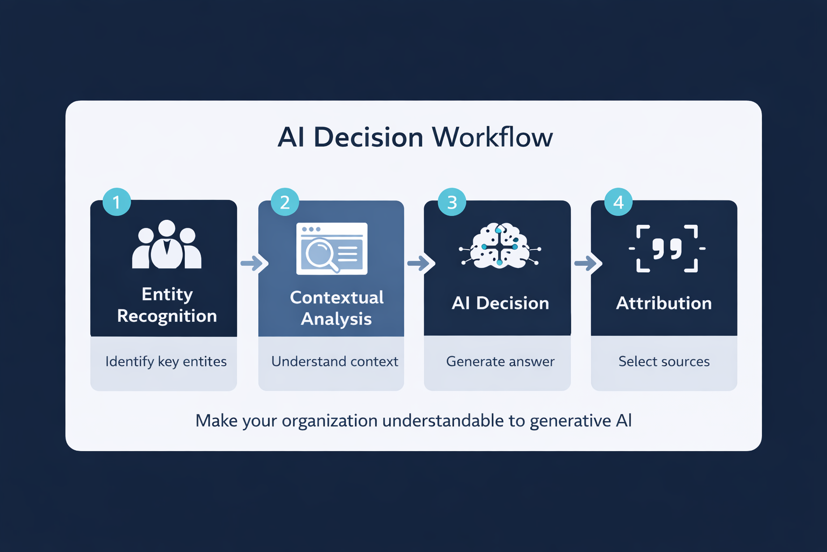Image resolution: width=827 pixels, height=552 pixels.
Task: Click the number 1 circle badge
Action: pos(116,202)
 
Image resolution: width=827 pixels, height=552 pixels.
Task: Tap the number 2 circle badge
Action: pos(285,202)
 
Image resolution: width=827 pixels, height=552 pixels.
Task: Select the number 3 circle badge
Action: pos(452,202)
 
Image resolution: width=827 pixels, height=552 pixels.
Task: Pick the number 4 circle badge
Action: pos(618,202)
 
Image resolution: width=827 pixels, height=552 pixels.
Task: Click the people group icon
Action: pos(167,245)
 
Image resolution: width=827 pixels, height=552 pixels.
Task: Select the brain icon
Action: pos(500,246)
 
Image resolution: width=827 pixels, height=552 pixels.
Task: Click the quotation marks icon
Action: pos(667,249)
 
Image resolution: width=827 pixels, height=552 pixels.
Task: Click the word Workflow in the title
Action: pos(492,137)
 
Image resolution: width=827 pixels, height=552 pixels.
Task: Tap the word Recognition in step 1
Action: pos(167,316)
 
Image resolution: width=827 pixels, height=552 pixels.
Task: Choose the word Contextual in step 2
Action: pos(337,297)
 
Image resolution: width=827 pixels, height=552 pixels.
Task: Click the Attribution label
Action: pos(664,303)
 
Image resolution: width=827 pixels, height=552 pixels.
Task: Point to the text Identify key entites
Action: pos(166,361)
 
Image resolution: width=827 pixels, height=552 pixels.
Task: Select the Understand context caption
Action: pos(334,361)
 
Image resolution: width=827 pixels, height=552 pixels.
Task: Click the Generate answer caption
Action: pos(500,361)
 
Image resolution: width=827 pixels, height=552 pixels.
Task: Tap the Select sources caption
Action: pos(664,361)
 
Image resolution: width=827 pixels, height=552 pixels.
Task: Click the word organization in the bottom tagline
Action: pos(329,421)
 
